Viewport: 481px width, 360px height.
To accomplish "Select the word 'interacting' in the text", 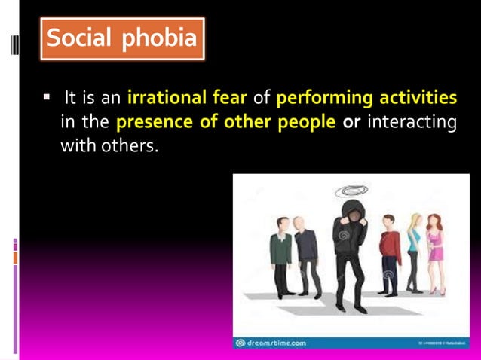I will click(x=412, y=122).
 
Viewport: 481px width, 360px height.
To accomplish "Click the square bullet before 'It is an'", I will click(x=47, y=98).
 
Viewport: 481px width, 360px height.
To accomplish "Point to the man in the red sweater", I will click(x=390, y=252).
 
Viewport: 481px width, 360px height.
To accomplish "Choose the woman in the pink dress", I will click(x=437, y=252).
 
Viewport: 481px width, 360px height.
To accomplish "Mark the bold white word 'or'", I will click(x=351, y=122).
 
